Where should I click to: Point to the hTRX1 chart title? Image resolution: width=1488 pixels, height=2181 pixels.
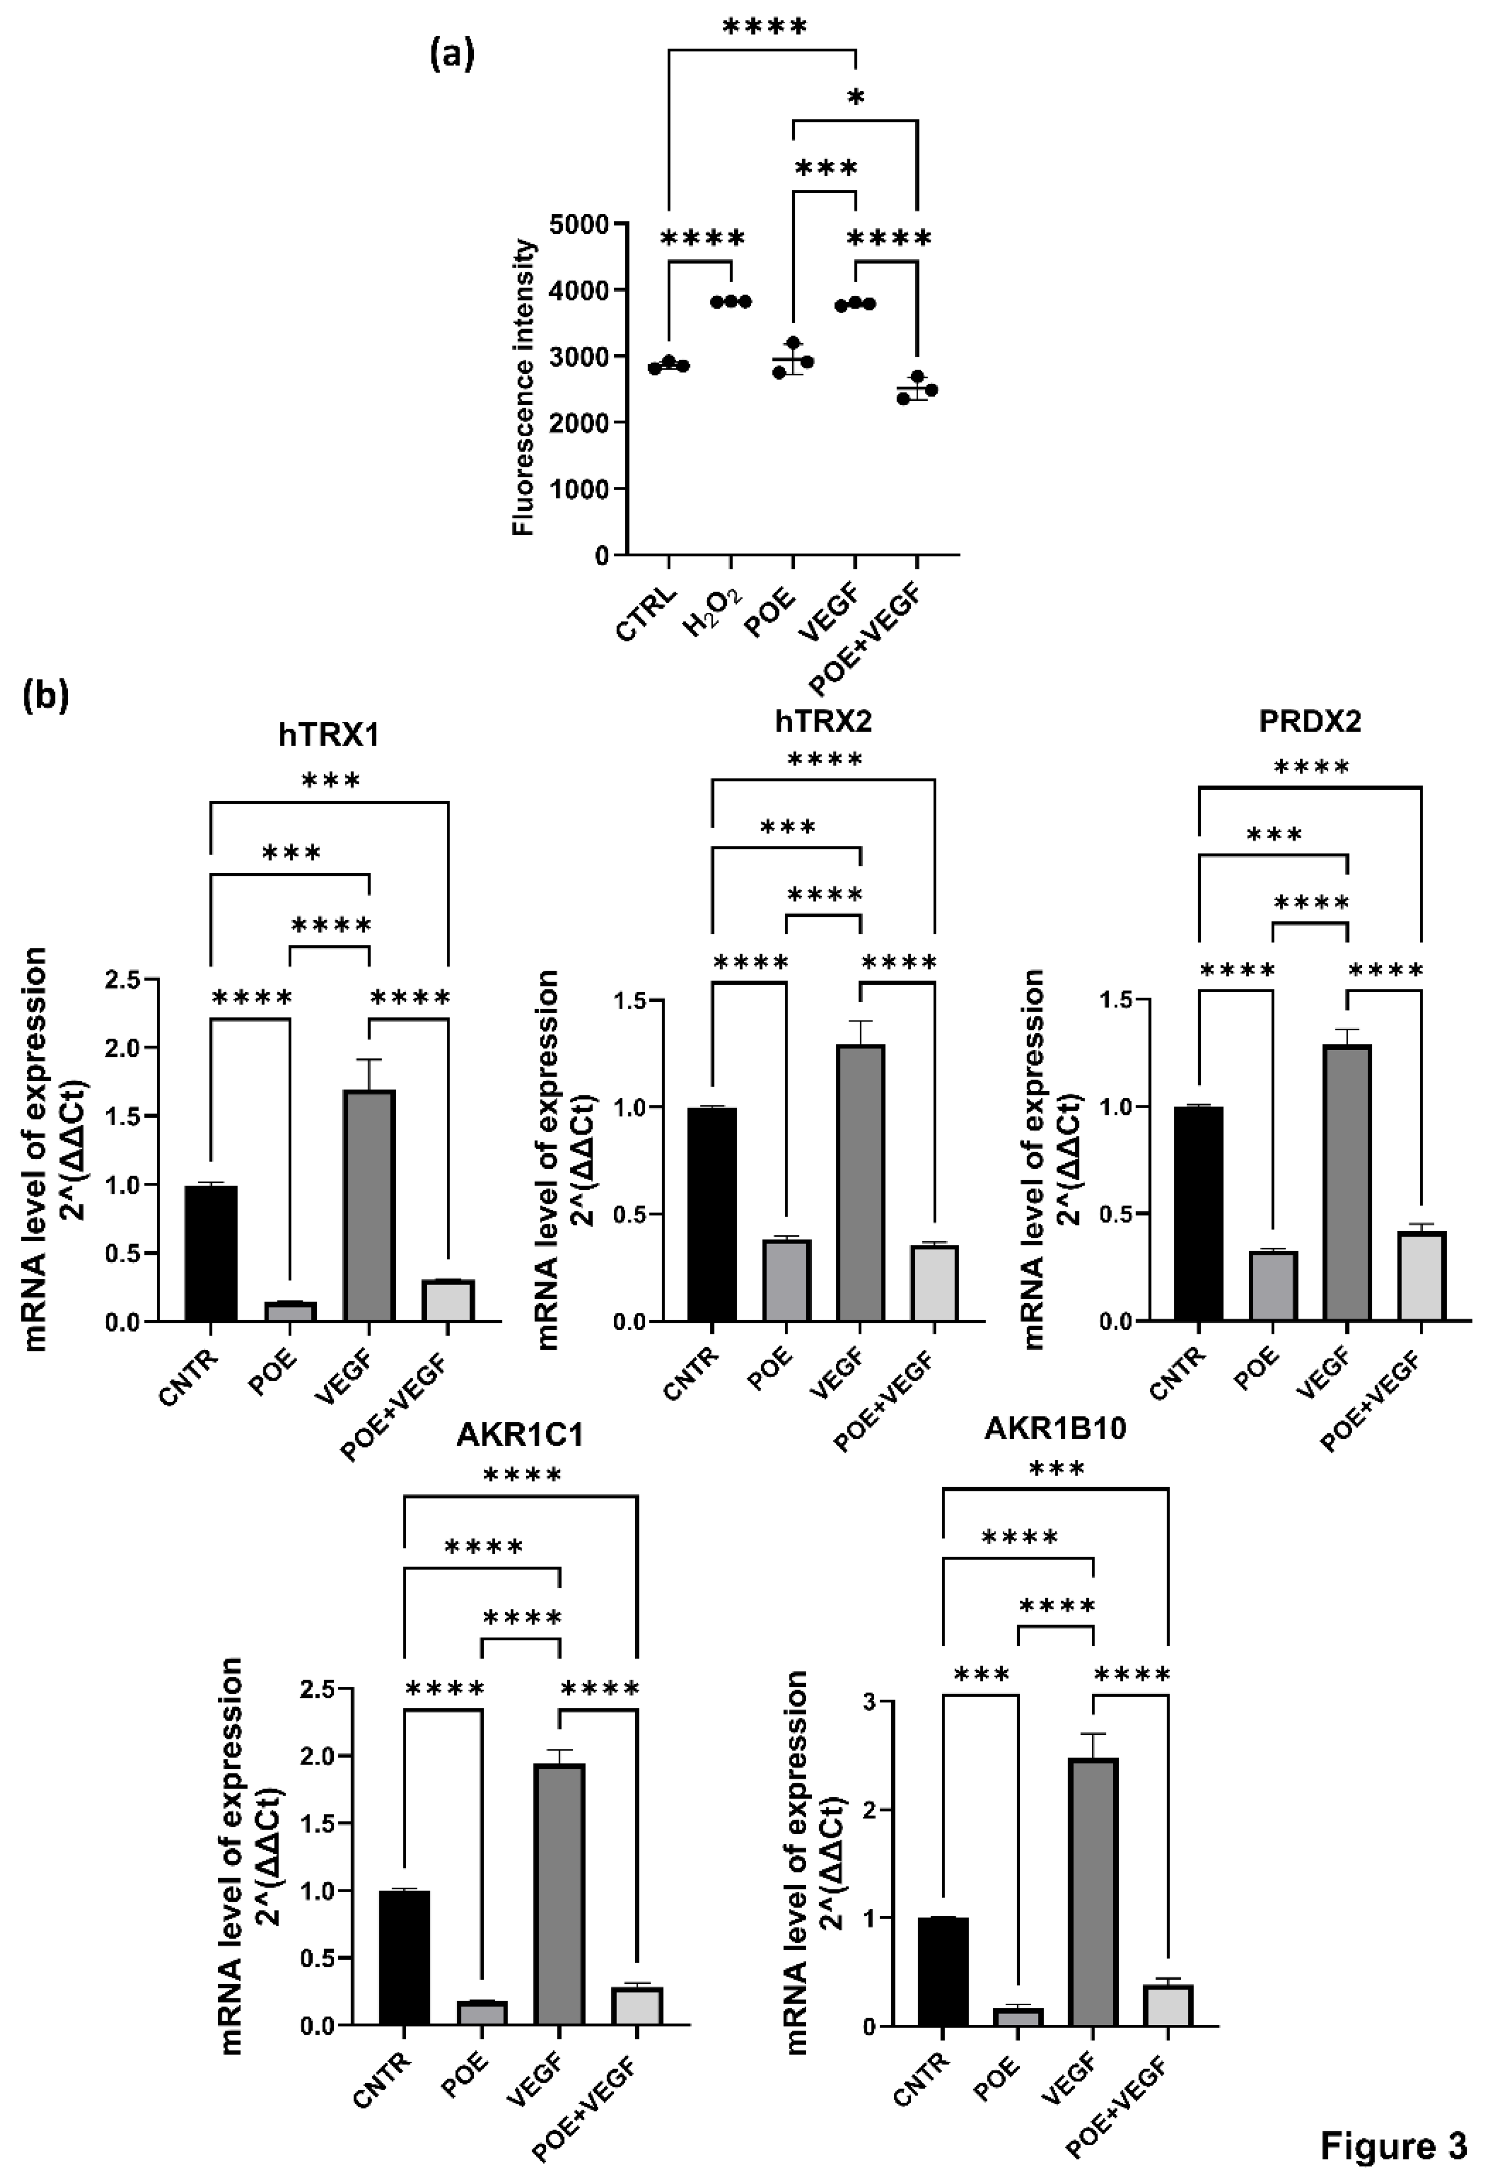point(329,735)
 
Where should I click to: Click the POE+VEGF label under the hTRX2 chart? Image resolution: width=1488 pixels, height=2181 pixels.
point(886,1401)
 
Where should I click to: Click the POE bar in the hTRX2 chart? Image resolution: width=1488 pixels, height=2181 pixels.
point(785,1281)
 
